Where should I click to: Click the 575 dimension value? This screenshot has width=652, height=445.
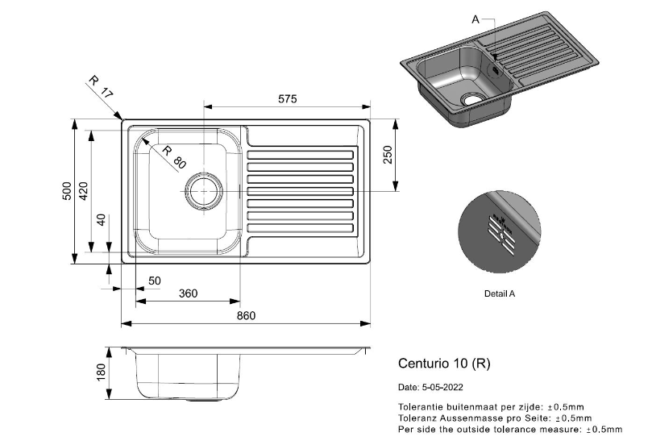[x=288, y=99]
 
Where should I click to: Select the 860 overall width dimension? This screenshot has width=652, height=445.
[x=246, y=316]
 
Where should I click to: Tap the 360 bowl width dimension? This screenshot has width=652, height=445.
[x=188, y=293]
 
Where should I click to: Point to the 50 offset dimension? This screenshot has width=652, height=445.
[x=154, y=281]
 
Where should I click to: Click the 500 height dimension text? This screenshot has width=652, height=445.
[x=67, y=191]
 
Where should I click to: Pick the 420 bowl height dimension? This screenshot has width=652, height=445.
[x=84, y=191]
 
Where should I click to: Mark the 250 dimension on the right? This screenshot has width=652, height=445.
[x=387, y=155]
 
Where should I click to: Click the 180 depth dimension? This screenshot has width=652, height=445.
[x=101, y=372]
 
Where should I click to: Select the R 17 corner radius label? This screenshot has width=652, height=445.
[x=101, y=87]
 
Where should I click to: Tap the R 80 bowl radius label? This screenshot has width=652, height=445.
[x=174, y=157]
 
